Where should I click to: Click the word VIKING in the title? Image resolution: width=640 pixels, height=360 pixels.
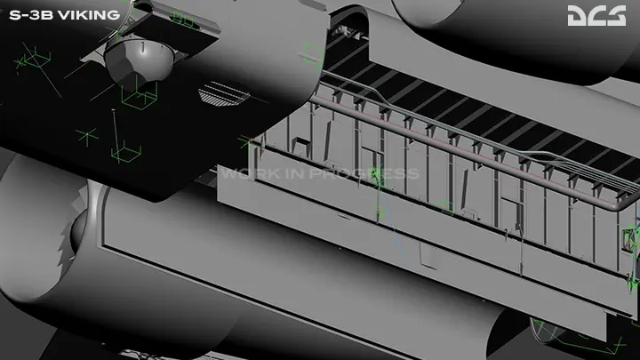coord(89,15)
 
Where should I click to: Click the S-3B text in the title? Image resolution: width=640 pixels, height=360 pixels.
coord(31,15)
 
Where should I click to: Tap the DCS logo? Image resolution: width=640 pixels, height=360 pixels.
coord(596,15)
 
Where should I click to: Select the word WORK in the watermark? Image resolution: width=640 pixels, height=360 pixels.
coord(244,173)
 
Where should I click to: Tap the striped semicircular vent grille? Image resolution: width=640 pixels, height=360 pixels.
coord(224,94)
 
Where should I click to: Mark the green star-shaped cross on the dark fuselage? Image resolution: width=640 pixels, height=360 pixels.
coord(87,136)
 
